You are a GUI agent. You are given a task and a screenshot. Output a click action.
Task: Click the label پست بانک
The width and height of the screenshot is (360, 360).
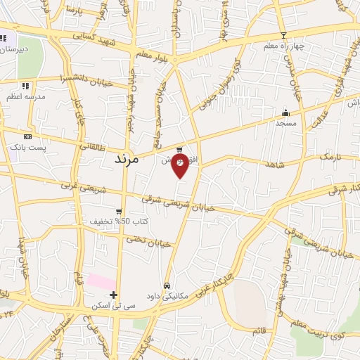(x=27, y=147)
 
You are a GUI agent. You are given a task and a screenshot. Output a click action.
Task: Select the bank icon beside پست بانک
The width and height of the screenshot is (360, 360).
(x=27, y=136)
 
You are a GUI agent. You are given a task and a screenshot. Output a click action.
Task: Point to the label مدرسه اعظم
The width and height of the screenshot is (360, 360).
(x=25, y=96)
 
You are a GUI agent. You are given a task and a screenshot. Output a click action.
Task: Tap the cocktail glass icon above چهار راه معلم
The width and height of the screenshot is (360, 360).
(x=283, y=35)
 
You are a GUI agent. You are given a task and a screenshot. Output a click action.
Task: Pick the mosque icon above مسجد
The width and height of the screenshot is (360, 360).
(x=285, y=112)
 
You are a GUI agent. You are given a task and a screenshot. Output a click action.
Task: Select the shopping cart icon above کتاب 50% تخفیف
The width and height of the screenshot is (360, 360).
(x=119, y=211)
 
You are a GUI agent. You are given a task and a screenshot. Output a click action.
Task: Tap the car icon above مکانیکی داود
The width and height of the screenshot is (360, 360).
(x=167, y=286)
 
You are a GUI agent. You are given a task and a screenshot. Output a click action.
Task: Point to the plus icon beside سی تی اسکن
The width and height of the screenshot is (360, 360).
(x=113, y=295)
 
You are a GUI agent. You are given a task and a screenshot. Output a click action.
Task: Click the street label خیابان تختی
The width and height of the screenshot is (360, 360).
(x=148, y=242)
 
